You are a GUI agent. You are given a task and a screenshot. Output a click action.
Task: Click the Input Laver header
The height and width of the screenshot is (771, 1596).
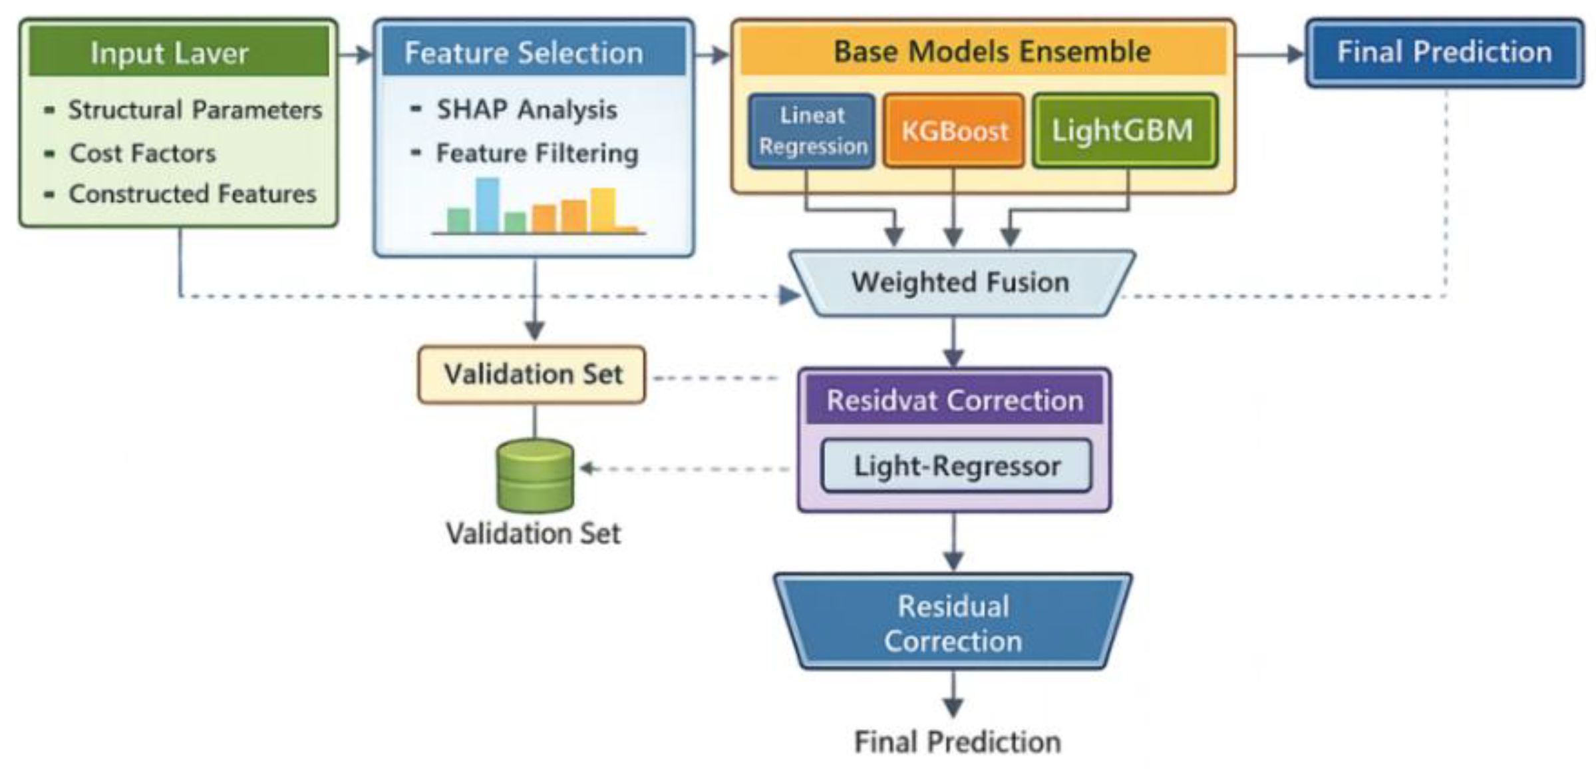click(178, 52)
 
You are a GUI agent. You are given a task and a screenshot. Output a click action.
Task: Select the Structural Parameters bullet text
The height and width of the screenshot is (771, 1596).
click(194, 110)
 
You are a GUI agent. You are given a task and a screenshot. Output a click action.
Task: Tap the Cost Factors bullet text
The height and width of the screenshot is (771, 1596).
click(142, 153)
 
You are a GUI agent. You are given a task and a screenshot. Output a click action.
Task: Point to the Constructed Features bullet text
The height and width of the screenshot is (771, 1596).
click(192, 194)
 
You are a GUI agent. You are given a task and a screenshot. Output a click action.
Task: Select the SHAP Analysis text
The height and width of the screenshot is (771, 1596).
click(526, 110)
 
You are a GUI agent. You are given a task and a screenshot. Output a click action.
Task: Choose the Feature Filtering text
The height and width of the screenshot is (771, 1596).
click(537, 153)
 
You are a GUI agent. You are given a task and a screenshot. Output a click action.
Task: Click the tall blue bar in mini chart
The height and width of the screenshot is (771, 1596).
click(487, 204)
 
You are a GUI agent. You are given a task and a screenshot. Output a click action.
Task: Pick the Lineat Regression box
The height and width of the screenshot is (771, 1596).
click(812, 130)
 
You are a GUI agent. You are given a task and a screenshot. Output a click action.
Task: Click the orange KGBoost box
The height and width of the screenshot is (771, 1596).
click(953, 130)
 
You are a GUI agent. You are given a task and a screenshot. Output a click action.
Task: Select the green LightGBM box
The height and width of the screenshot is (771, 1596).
click(1124, 130)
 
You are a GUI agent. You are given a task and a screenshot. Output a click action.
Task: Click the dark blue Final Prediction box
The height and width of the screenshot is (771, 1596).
click(1444, 52)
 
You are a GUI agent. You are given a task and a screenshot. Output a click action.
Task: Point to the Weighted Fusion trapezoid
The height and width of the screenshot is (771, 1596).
click(961, 282)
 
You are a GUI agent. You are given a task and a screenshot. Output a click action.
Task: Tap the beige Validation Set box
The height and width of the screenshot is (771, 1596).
click(532, 374)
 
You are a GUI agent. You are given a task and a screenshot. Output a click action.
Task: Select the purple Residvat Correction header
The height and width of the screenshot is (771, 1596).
click(954, 401)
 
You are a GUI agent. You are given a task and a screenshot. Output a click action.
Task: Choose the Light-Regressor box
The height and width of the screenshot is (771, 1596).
click(956, 465)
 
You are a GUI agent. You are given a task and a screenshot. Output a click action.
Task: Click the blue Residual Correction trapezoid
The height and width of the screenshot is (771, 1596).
click(953, 623)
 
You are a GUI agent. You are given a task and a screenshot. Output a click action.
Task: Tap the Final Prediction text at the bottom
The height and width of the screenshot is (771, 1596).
click(957, 741)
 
